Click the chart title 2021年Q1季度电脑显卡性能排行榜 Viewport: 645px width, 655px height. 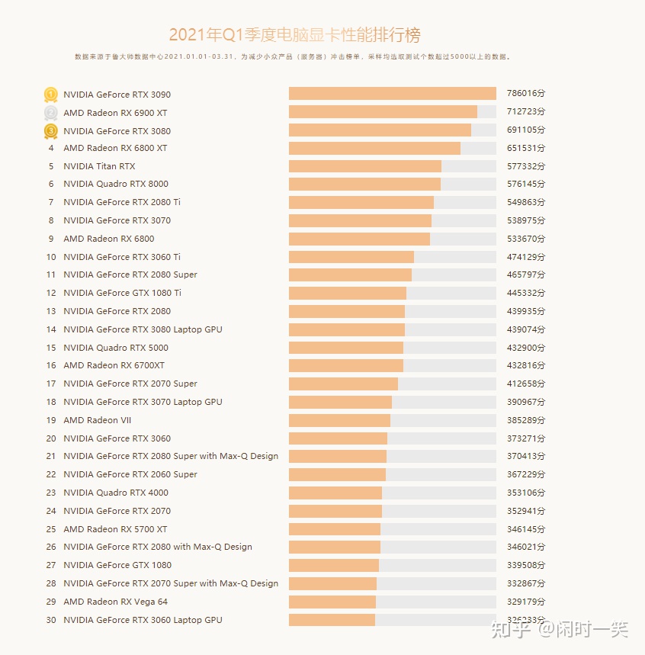(294, 35)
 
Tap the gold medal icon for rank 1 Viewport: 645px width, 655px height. (51, 95)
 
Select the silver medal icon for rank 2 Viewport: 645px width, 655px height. (51, 113)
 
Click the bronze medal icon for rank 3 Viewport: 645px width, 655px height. (51, 131)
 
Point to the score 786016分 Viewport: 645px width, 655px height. (526, 94)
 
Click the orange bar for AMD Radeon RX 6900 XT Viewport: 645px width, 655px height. (383, 112)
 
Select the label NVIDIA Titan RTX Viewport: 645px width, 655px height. (99, 166)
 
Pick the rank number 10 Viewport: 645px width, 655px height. (51, 257)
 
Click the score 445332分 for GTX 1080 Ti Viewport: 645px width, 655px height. (526, 294)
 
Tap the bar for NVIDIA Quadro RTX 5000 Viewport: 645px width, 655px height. (345, 348)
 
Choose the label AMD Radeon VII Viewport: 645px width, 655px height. (97, 420)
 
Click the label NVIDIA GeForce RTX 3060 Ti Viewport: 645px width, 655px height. (122, 257)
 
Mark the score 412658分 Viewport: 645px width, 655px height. (526, 384)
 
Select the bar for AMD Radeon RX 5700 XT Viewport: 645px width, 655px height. (334, 529)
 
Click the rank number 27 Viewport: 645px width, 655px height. (51, 565)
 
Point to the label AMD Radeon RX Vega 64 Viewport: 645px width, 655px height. (115, 602)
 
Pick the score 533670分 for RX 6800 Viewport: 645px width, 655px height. (526, 239)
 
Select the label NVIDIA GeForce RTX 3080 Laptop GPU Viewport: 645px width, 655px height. (143, 329)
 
